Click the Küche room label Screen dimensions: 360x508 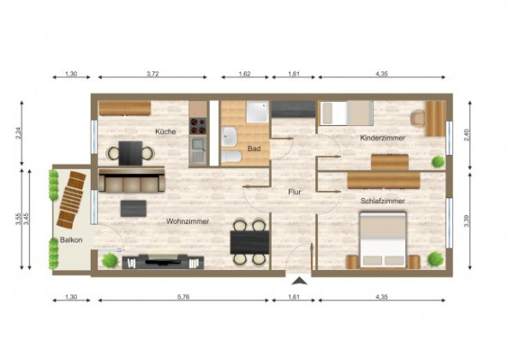click(165, 132)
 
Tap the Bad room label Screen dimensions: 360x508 click(254, 148)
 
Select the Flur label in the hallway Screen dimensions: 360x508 click(294, 192)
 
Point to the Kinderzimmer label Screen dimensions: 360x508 click(383, 137)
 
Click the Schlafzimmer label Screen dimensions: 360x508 click(383, 201)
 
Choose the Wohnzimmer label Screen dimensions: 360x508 click(188, 221)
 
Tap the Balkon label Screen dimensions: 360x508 click(71, 240)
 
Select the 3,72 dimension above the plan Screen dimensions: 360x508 click(152, 75)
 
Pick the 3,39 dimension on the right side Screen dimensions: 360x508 click(466, 220)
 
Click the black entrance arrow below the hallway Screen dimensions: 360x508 click(298, 281)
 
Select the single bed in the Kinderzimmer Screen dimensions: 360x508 click(345, 113)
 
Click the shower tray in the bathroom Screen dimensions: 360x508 click(258, 112)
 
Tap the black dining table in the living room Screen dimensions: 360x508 click(249, 241)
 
